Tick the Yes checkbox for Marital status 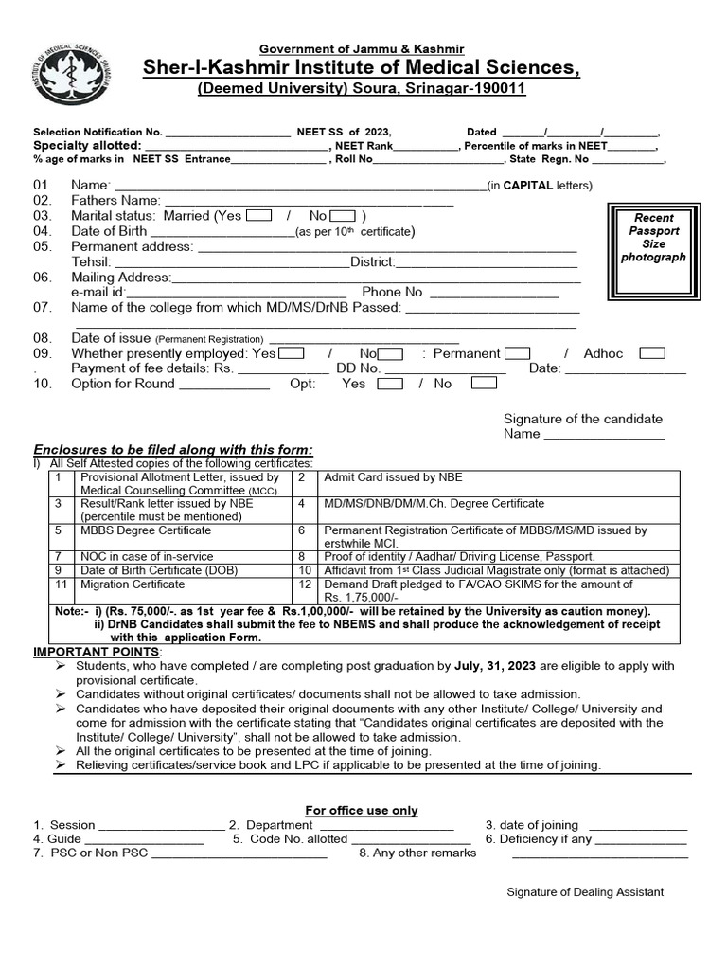pyautogui.click(x=258, y=216)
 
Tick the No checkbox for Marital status pyautogui.click(x=342, y=216)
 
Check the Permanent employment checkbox pyautogui.click(x=518, y=353)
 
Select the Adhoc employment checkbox pyautogui.click(x=652, y=353)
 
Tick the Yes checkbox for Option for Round pyautogui.click(x=390, y=384)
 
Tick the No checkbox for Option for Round pyautogui.click(x=484, y=384)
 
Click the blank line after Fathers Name pyautogui.click(x=309, y=201)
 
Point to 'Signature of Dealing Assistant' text pyautogui.click(x=585, y=892)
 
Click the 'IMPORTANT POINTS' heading pyautogui.click(x=98, y=653)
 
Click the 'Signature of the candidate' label pyautogui.click(x=582, y=419)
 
